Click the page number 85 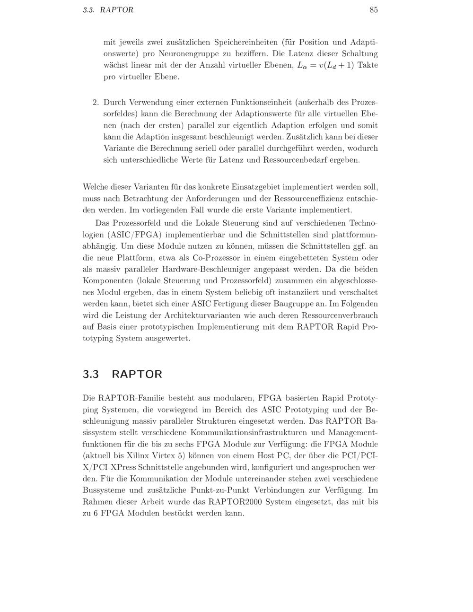coord(373,10)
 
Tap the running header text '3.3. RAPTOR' coord(108,10)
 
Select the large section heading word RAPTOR coord(137,374)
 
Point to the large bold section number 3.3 coord(91,374)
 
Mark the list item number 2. coord(95,102)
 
